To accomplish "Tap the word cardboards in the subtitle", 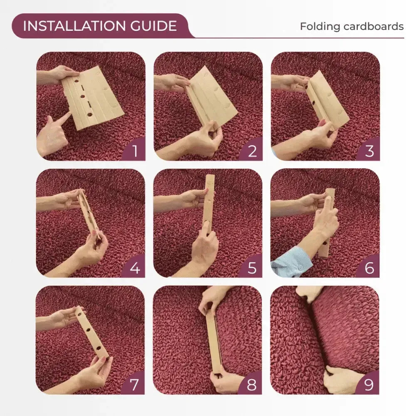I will (374, 27).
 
